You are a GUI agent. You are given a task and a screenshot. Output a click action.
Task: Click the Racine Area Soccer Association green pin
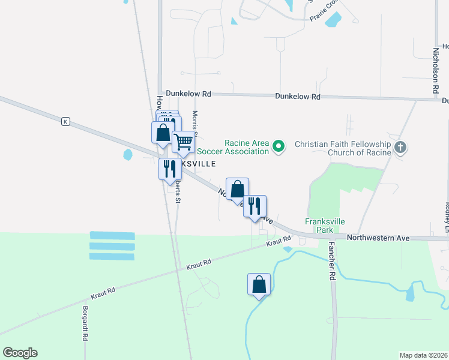(x=278, y=146)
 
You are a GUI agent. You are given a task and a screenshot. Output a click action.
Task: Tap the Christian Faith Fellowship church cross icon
(x=401, y=146)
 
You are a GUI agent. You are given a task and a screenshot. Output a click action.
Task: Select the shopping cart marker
(x=184, y=142)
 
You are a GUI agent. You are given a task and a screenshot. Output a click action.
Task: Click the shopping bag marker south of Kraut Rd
(x=259, y=284)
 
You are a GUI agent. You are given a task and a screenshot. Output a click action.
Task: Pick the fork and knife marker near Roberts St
(x=169, y=169)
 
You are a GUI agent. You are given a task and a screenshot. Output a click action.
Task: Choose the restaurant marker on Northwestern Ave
(x=255, y=206)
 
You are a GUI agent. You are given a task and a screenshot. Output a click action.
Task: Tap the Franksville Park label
(x=325, y=226)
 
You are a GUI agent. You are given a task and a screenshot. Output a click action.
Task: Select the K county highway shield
(x=65, y=122)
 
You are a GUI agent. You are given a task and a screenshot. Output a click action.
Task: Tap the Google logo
(x=20, y=353)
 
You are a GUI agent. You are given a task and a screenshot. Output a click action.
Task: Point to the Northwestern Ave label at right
(x=378, y=238)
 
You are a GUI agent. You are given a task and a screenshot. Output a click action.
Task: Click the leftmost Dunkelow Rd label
(x=188, y=94)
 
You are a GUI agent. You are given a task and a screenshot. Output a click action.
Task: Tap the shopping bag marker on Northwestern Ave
(x=237, y=188)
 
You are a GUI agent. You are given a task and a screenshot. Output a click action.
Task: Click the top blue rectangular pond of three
(x=112, y=236)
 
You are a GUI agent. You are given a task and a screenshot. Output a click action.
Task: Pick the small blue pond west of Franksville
(x=127, y=155)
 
